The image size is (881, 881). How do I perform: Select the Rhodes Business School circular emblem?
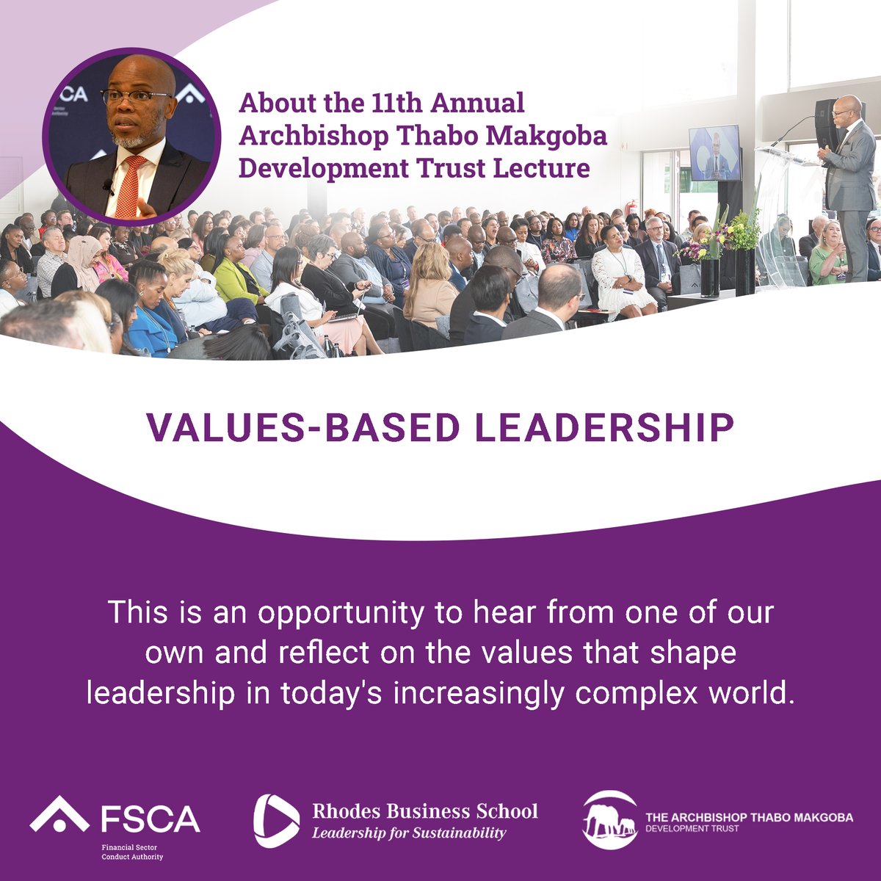tap(277, 821)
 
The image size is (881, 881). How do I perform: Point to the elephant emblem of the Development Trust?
tap(609, 820)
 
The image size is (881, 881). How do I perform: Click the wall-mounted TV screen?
tap(714, 152)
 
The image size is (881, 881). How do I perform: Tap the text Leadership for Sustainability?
tap(409, 833)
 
